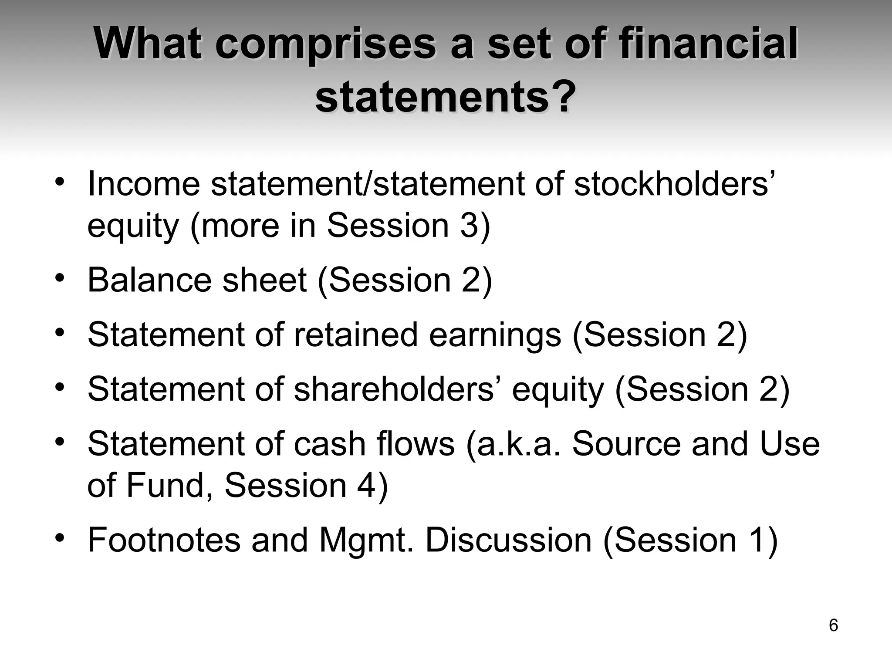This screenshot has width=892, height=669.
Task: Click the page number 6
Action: click(833, 625)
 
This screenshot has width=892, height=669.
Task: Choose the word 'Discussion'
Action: click(508, 541)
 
